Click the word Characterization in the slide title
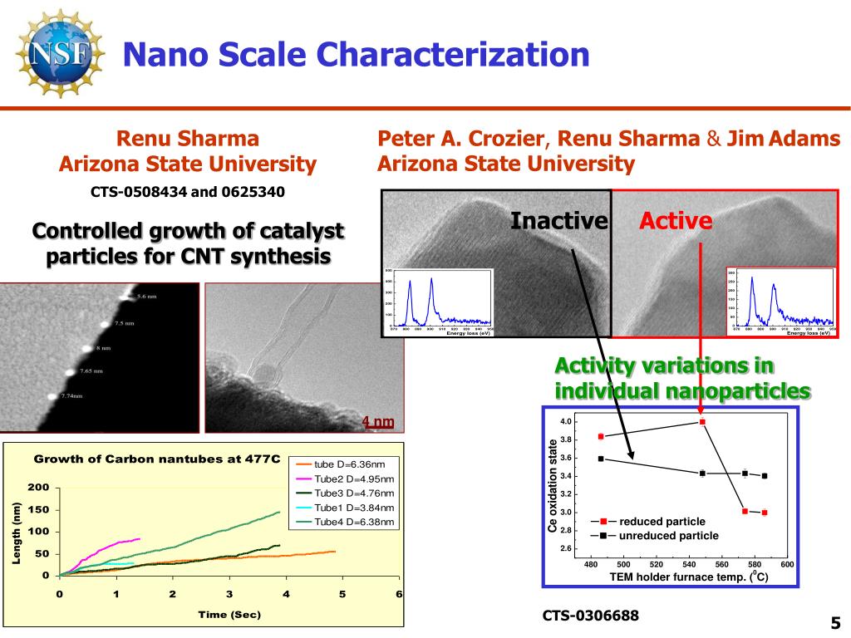[x=453, y=55]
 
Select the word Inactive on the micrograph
[x=558, y=221]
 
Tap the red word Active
[x=676, y=221]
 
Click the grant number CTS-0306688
[x=591, y=616]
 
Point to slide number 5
[x=835, y=623]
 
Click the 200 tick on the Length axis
[x=41, y=487]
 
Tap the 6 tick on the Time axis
[x=399, y=594]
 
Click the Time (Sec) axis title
[x=229, y=615]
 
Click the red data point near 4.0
[x=702, y=422]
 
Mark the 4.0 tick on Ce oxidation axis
[x=566, y=422]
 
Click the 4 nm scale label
[x=378, y=422]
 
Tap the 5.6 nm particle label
[x=147, y=297]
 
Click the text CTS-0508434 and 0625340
[x=188, y=192]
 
